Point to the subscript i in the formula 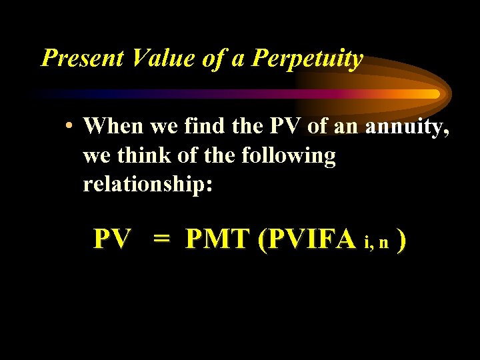click(367, 243)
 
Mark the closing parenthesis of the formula click(401, 239)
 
